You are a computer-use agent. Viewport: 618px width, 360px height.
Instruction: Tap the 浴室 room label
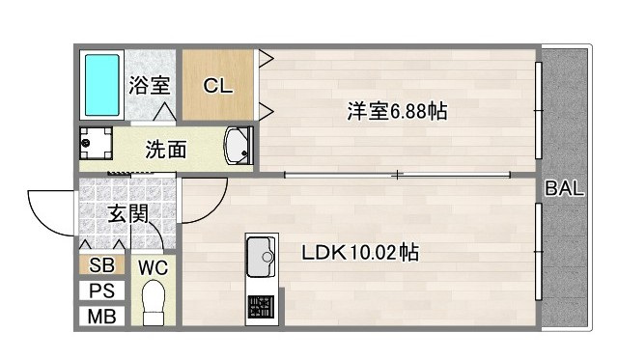[150, 84]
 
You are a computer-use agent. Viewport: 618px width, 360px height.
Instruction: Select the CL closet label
[217, 85]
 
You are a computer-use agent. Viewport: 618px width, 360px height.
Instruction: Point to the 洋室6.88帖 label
[397, 111]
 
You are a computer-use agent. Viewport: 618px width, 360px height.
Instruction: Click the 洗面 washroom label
[166, 150]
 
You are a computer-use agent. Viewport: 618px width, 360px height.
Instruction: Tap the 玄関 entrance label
[126, 213]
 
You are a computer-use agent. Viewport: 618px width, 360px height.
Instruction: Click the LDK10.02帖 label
[359, 254]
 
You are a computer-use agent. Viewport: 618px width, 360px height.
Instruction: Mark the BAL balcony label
[565, 189]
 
